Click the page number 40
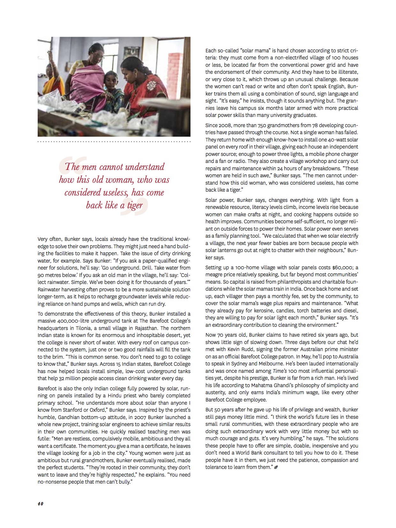pyautogui.click(x=40, y=503)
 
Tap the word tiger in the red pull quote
pyautogui.click(x=135, y=205)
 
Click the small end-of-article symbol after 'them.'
pyautogui.click(x=276, y=467)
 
